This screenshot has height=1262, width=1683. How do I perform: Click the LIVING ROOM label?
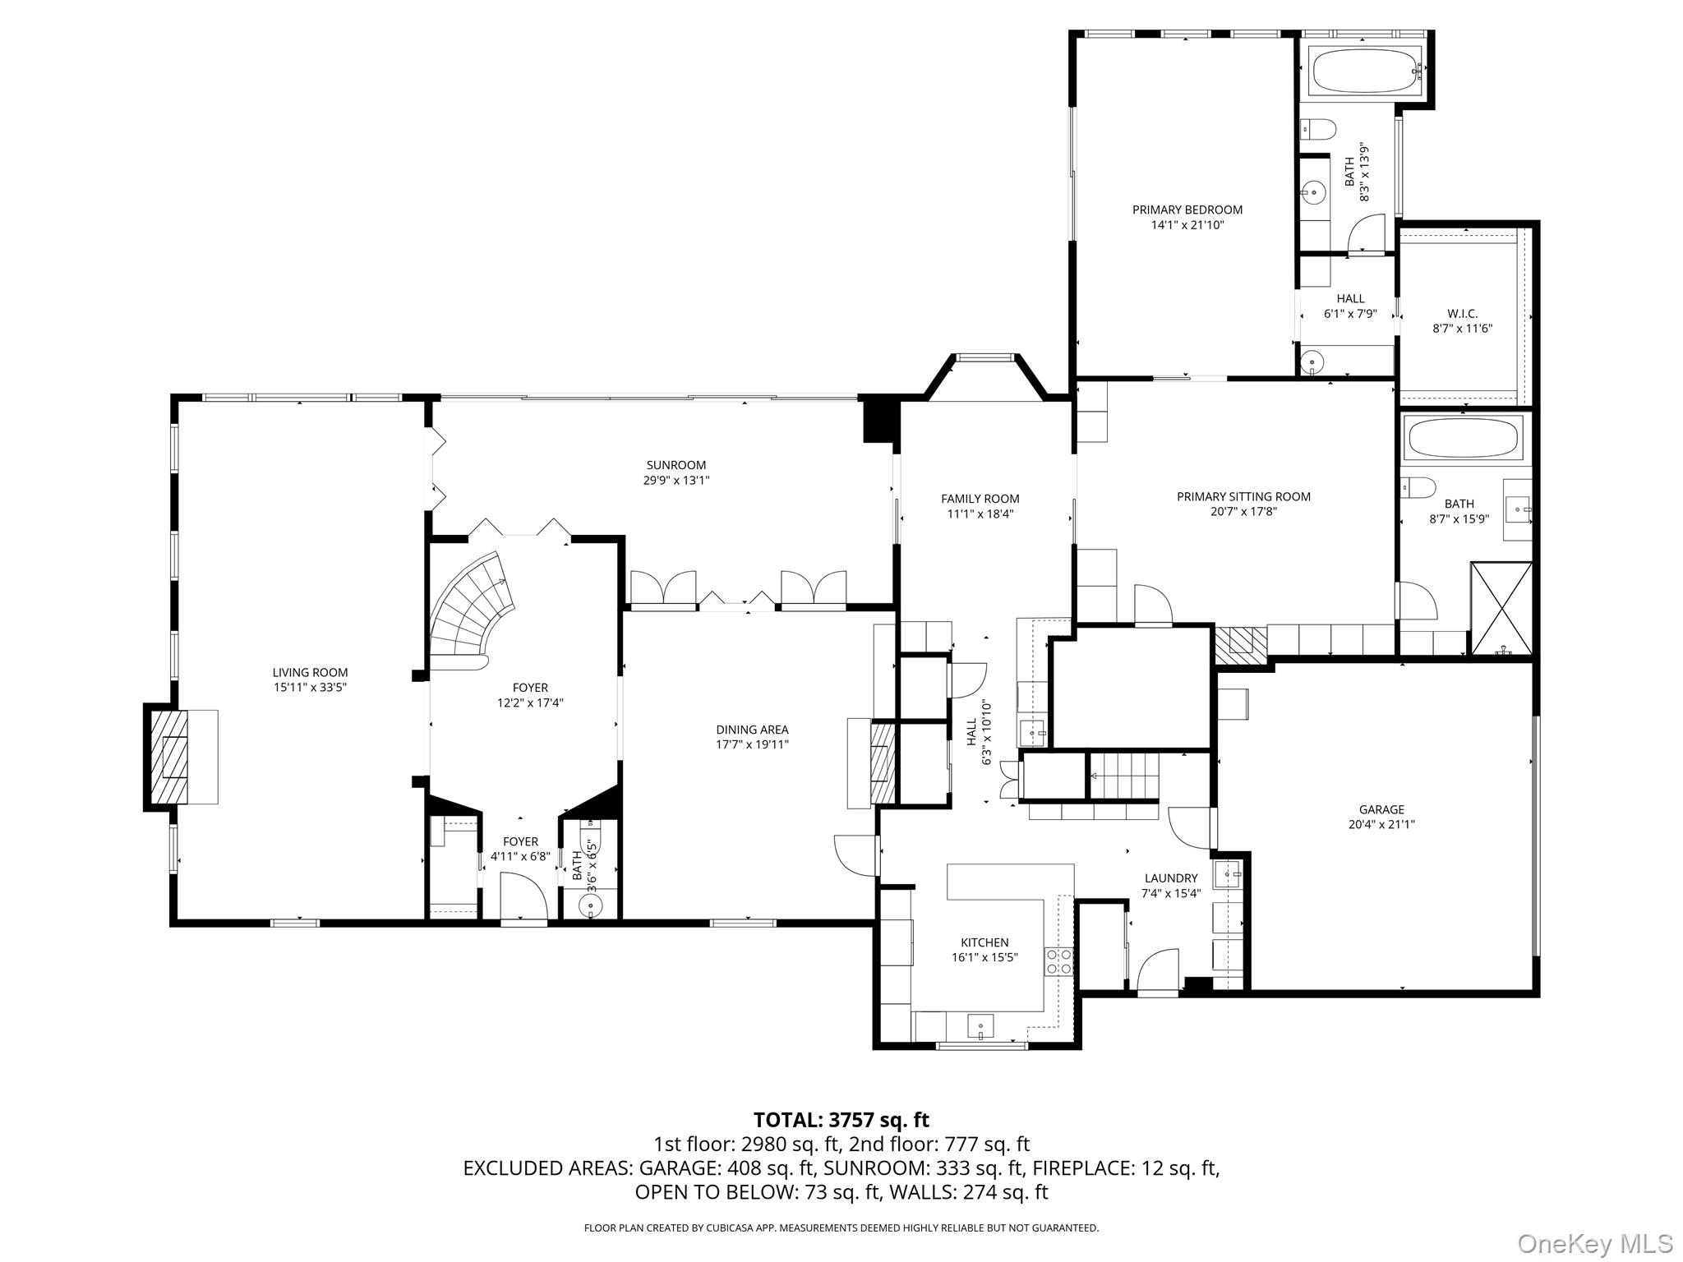pos(310,672)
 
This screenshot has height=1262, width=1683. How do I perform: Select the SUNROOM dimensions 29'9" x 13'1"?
pos(676,481)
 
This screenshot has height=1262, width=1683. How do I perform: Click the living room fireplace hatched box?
pos(168,757)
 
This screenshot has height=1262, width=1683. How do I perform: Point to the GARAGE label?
pos(1381,809)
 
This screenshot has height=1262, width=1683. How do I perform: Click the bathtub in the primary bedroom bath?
pos(1366,71)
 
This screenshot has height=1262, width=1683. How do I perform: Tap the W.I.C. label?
pos(1462,313)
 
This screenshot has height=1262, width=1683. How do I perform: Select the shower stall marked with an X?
pos(1501,608)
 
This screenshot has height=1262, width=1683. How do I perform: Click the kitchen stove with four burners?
pos(1058,961)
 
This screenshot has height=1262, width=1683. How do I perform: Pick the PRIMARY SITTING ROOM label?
pos(1243,496)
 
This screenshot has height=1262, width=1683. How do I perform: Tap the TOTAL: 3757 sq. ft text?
pos(841,1120)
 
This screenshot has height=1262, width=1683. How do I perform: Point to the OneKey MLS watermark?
pos(1594,1243)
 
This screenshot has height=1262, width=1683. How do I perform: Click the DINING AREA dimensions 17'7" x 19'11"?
pos(752,744)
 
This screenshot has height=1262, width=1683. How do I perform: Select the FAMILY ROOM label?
pos(980,499)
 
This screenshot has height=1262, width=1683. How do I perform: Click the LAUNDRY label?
pos(1171,878)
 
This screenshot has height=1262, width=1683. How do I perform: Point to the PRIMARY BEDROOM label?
pos(1187,210)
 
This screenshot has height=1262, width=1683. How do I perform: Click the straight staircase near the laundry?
pos(1124,776)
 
